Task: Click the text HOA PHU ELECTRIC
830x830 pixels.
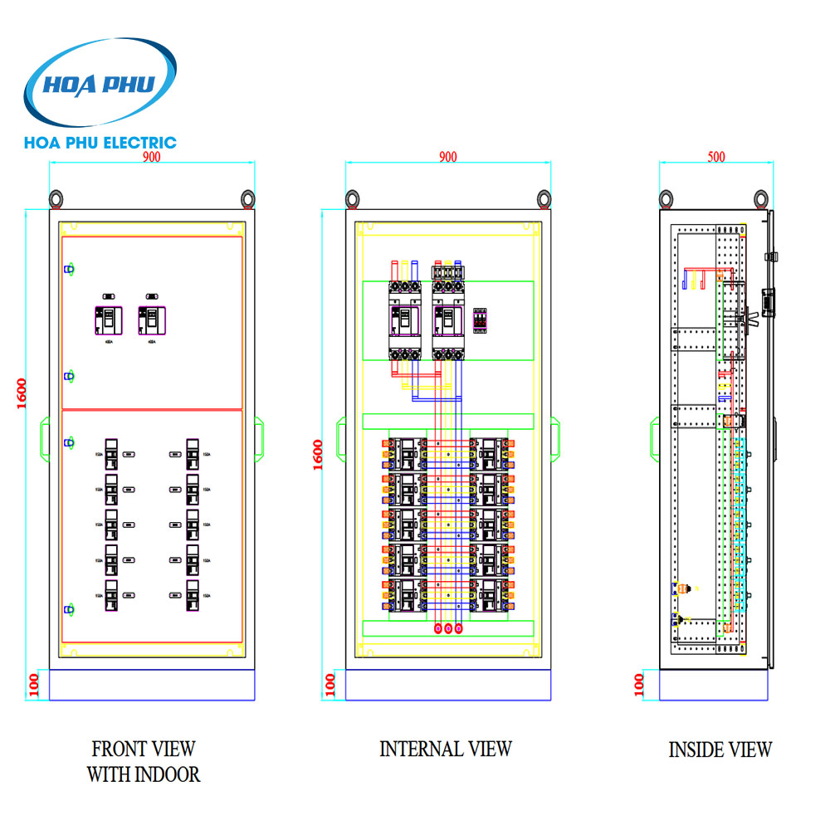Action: tap(101, 143)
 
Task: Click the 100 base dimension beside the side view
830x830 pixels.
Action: tap(638, 685)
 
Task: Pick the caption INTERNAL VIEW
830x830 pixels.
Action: tap(446, 749)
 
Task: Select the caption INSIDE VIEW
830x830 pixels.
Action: tap(720, 749)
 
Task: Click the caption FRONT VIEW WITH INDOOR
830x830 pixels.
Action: tap(144, 761)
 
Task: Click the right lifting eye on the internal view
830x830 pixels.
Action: tap(544, 198)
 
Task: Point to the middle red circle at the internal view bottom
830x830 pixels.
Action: tap(448, 629)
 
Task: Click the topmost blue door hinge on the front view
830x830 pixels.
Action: tap(70, 269)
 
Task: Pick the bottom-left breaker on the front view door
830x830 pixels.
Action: tap(111, 597)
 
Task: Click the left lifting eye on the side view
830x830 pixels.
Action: tap(666, 198)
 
